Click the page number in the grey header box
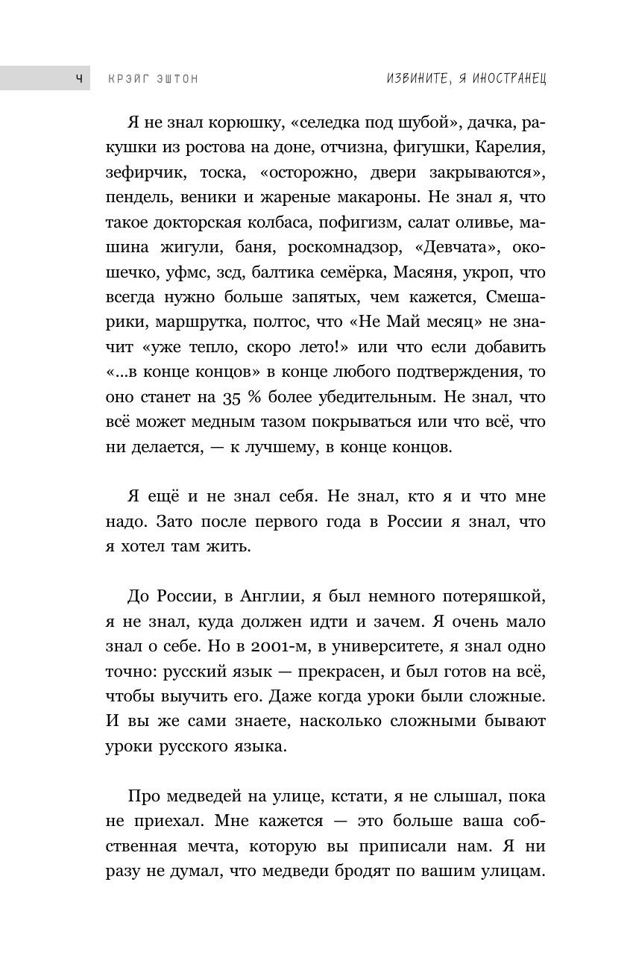pos(79,78)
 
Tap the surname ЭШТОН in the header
pos(176,78)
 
